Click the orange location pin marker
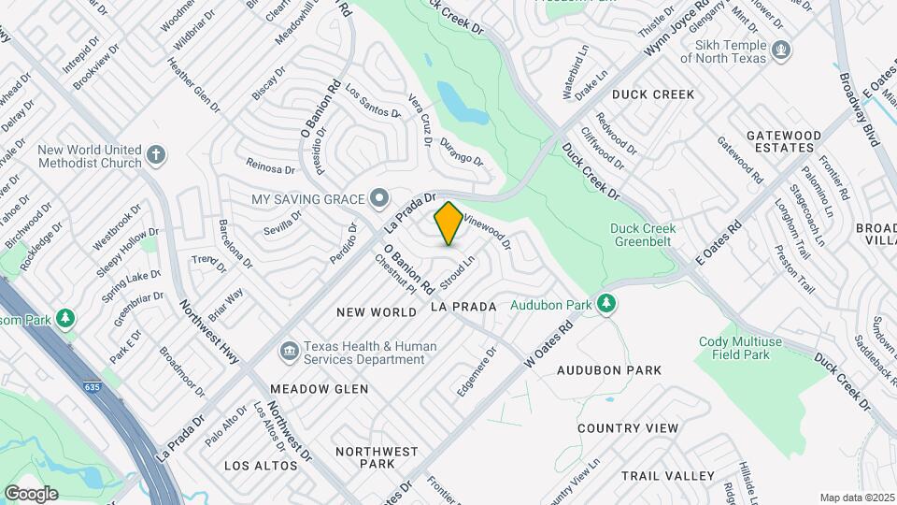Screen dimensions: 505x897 (448, 224)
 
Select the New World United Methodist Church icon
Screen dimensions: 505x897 (156, 154)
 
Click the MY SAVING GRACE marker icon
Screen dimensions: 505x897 (378, 198)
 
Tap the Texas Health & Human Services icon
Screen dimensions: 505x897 (290, 352)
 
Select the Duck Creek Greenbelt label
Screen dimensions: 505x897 (648, 235)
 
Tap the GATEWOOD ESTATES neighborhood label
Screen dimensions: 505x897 (783, 142)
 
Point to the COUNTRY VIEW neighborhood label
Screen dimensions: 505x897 (627, 427)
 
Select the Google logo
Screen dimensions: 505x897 (31, 493)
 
